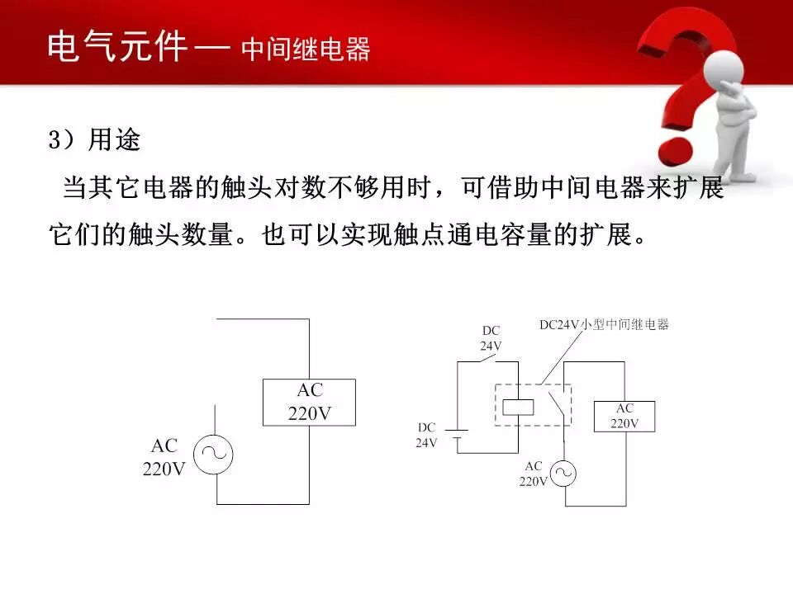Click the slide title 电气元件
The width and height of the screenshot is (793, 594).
pos(118,47)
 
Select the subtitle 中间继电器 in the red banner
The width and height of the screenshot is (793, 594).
pos(306,49)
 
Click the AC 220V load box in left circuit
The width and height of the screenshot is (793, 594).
pos(309,403)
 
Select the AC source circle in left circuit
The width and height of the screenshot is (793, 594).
pos(213,455)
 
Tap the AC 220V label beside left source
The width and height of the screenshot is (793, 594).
pos(164,457)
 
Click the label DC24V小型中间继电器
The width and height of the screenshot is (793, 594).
pos(604,325)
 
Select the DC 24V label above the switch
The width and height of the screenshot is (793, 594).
pos(491,338)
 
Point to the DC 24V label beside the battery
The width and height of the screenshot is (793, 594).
pos(426,435)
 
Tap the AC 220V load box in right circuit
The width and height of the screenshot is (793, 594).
pos(624,416)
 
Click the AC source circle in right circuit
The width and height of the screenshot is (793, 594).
pos(563,474)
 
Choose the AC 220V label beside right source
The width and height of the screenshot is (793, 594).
pos(534,474)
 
